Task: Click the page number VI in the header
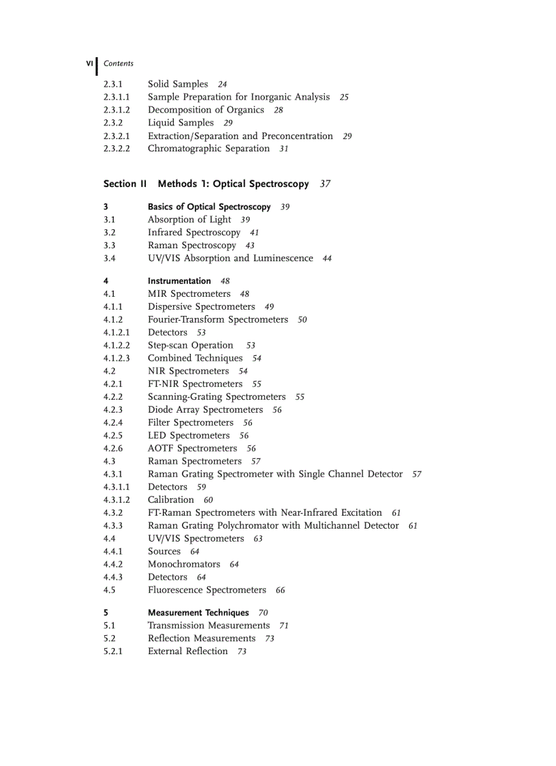pyautogui.click(x=89, y=63)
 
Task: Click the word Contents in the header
pyautogui.click(x=119, y=63)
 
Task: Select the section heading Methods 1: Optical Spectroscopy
pyautogui.click(x=233, y=184)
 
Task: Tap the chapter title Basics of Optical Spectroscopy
pyautogui.click(x=209, y=207)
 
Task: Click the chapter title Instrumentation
pyautogui.click(x=179, y=281)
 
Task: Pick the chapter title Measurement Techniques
pyautogui.click(x=198, y=613)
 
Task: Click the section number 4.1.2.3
pyautogui.click(x=117, y=358)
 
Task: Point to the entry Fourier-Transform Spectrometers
pyautogui.click(x=218, y=319)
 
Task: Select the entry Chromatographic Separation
pyautogui.click(x=208, y=149)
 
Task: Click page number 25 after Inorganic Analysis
pyautogui.click(x=344, y=98)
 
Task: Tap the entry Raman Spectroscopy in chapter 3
pyautogui.click(x=192, y=246)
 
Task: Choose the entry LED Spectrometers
pyautogui.click(x=189, y=435)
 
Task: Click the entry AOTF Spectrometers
pyautogui.click(x=192, y=448)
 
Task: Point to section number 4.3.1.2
pyautogui.click(x=117, y=500)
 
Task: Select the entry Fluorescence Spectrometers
pyautogui.click(x=207, y=590)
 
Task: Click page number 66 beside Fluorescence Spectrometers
pyautogui.click(x=281, y=591)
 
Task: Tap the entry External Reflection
pyautogui.click(x=188, y=651)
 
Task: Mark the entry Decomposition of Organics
pyautogui.click(x=206, y=110)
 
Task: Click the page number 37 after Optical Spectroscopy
pyautogui.click(x=325, y=184)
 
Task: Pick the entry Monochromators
pyautogui.click(x=184, y=564)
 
